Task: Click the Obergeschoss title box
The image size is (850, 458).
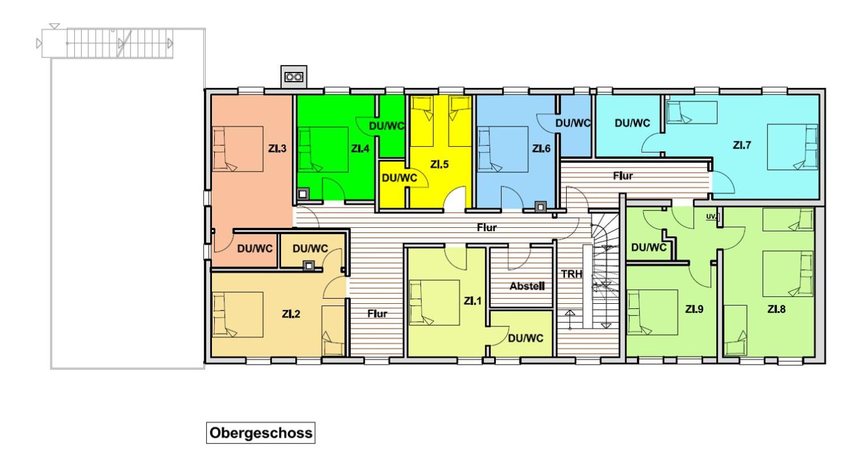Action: tap(260, 432)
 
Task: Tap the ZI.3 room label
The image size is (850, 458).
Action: tap(278, 148)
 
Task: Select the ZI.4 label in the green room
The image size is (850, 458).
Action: tap(360, 148)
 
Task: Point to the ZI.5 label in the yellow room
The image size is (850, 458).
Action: tap(439, 164)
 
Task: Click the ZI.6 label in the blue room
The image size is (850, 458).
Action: tap(541, 148)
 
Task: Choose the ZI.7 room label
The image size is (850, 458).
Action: tap(742, 145)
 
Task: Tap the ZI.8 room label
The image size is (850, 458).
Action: tap(776, 310)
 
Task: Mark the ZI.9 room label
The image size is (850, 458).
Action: tap(694, 310)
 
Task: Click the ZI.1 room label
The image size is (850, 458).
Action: tap(472, 301)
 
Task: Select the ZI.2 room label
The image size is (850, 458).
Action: tap(291, 314)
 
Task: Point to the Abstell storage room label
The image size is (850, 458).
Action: tap(527, 286)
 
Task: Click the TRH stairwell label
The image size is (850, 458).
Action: tap(571, 274)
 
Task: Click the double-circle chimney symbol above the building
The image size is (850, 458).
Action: tap(294, 78)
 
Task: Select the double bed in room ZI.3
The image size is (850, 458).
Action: tap(238, 149)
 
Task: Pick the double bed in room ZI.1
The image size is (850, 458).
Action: tap(434, 303)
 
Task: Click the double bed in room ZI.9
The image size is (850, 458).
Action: tap(652, 312)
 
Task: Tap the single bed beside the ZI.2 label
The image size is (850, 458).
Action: tap(333, 331)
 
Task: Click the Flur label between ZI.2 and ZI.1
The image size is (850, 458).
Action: tap(377, 314)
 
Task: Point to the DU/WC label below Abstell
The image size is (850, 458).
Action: tap(526, 338)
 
